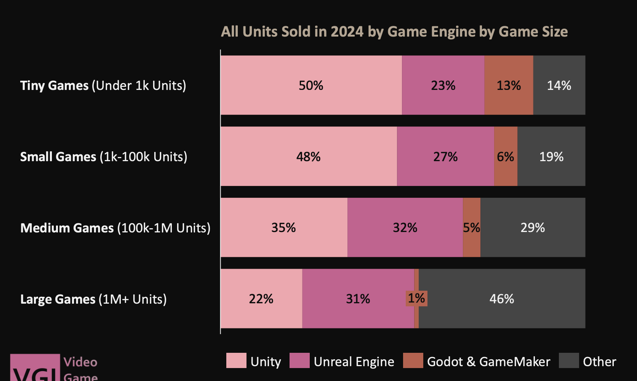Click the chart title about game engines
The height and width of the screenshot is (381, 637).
pos(394,32)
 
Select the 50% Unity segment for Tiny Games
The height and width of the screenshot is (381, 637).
pos(311,85)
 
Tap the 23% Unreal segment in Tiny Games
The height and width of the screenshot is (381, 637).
pos(443,85)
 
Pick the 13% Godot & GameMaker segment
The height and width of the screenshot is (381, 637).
pos(509,85)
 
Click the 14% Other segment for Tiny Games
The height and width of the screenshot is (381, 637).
pos(559,85)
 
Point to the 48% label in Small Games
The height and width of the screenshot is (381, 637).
pos(309,157)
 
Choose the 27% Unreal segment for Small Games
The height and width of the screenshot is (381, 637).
pos(445,157)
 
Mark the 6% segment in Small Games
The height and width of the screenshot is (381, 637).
pos(506,157)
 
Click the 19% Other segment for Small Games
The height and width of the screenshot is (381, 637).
pos(551,157)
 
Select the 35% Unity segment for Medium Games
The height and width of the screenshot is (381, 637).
pos(283,227)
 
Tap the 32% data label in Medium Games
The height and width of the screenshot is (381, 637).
pos(405,228)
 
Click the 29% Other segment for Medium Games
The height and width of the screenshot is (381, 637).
pos(533,227)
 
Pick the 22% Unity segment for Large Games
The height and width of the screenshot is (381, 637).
pos(261,299)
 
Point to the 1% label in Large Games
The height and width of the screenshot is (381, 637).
pos(416,298)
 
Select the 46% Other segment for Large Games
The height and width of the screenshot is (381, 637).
pos(502,299)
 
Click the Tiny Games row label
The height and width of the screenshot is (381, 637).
pos(103,85)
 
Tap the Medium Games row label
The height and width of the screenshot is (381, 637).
pos(115,228)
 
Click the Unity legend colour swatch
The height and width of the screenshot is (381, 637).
pos(236,360)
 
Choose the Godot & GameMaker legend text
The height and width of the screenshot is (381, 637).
pos(488,362)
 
